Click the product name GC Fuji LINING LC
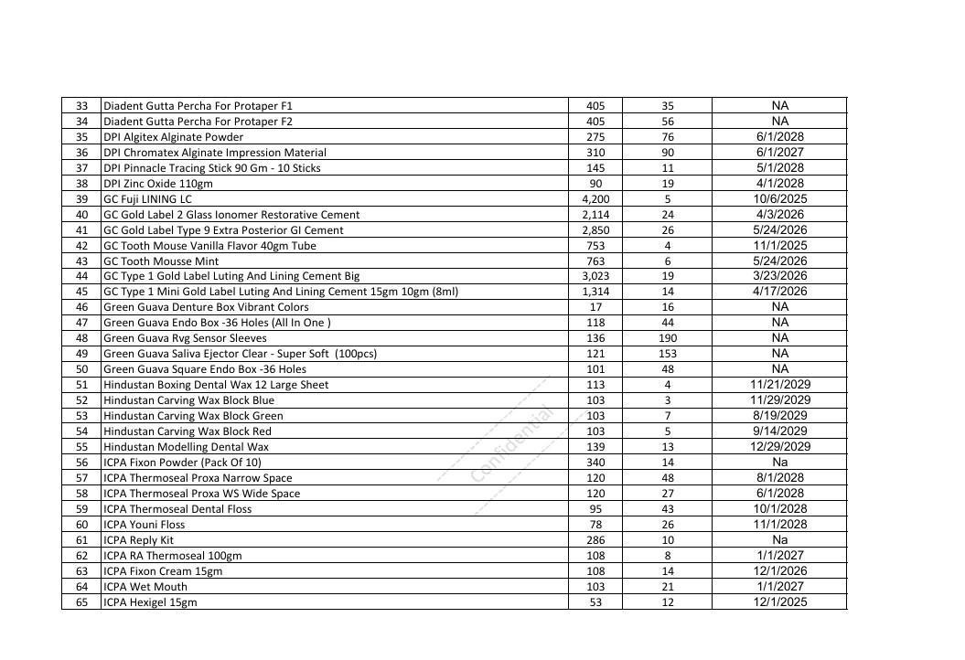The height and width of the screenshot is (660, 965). pos(147,199)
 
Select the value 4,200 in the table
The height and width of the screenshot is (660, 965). pos(595,199)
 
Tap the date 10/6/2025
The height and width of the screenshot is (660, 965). pos(779,198)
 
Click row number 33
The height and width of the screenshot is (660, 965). pos(81,106)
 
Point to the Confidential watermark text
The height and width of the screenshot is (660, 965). pos(513,445)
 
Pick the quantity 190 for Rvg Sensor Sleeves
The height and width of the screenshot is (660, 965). pos(668,338)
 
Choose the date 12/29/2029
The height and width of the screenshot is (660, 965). pos(779,446)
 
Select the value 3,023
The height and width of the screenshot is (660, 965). pos(595,276)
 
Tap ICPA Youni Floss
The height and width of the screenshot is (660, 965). pos(145,525)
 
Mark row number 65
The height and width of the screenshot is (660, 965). pos(81,602)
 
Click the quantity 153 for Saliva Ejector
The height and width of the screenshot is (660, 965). pos(668,354)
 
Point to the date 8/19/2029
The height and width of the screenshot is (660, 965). pos(779,415)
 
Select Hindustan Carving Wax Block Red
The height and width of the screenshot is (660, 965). pos(188,431)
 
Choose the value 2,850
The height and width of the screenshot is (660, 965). pos(595,230)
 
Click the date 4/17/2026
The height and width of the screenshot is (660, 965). pos(779,292)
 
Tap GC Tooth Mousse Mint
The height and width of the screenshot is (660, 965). pos(161,261)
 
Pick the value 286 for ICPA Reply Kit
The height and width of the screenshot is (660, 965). pos(595,540)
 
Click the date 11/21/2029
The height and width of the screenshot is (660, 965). pos(779,385)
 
